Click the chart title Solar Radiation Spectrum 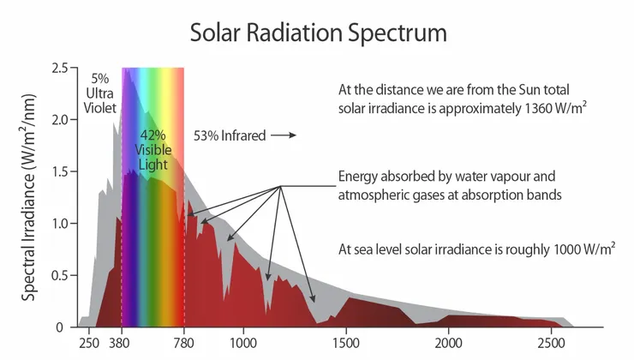(318, 33)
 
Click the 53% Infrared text (230, 135)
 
